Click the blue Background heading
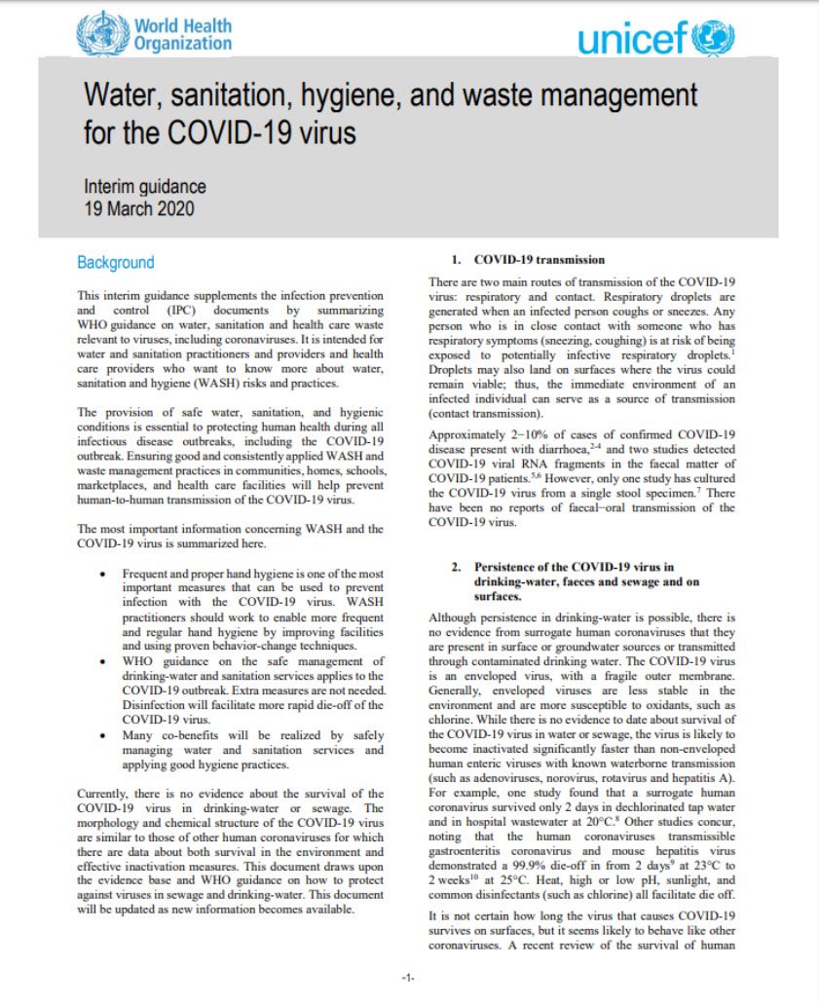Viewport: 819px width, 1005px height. pos(115,263)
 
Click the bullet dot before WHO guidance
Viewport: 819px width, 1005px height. pos(103,662)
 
